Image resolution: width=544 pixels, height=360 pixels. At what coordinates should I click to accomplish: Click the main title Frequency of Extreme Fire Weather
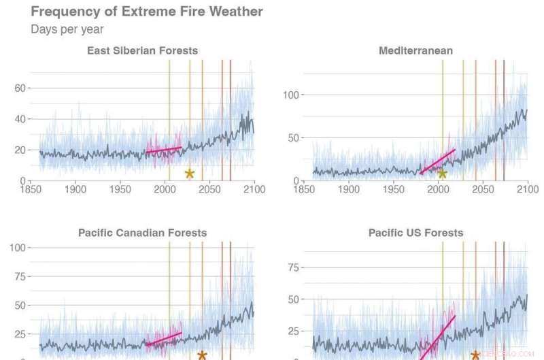point(147,12)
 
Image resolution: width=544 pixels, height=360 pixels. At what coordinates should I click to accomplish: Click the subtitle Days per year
point(67,29)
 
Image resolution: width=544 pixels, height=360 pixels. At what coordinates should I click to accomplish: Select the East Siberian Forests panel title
point(143,50)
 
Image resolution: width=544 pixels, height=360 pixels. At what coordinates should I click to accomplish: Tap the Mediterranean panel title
point(415,50)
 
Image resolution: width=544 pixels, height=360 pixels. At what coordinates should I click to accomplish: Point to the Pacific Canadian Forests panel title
point(142,233)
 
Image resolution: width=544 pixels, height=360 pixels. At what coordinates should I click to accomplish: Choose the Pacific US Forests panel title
point(415,233)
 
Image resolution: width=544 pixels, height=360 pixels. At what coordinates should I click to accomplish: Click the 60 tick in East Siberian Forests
point(20,88)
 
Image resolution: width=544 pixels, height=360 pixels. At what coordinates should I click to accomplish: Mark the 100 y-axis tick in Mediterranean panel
point(290,95)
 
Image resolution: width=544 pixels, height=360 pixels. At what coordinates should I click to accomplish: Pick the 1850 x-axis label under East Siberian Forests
point(31,189)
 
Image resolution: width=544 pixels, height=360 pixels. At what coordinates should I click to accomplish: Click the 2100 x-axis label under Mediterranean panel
point(528,189)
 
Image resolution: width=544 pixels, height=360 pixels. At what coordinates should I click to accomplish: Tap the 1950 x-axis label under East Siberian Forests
point(120,189)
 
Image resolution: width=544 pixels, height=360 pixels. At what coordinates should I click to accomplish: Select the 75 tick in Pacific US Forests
point(294,267)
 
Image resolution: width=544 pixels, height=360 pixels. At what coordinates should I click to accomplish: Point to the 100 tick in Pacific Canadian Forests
point(18,248)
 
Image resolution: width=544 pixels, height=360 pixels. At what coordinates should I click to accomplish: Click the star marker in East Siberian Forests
point(190,174)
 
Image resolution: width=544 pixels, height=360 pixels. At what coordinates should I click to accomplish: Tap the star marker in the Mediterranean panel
point(442,174)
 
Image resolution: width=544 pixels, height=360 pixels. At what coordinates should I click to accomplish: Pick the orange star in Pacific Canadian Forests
point(202,355)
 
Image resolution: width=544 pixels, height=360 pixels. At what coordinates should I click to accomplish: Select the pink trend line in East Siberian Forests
point(164,149)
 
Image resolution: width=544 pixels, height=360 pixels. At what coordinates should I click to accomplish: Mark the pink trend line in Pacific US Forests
point(437,338)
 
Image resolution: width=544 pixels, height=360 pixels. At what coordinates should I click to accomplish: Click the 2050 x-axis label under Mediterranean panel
point(483,189)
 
